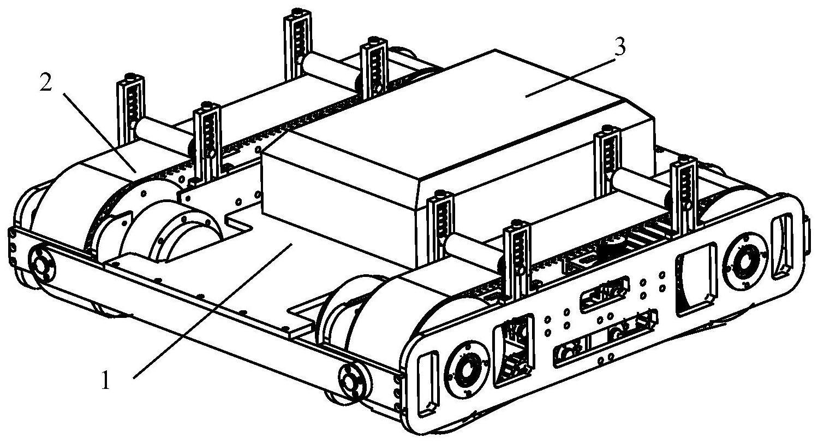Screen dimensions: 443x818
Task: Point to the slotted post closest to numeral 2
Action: tap(130, 104)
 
